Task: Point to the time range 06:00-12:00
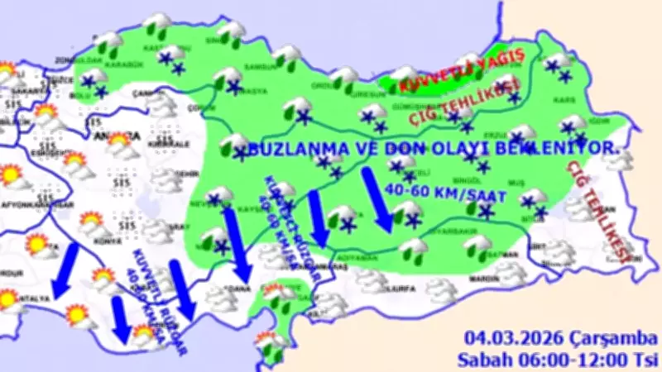tap(573, 360)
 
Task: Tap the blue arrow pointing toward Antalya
tap(63, 269)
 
